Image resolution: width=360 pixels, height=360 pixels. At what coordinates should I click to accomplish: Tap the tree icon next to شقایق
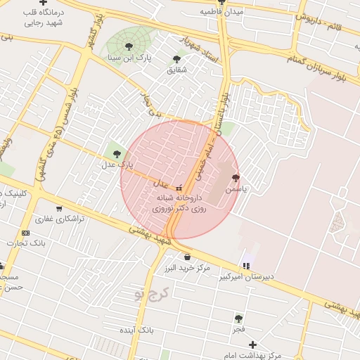176,59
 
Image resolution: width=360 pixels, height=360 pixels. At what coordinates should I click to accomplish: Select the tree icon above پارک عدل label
117,154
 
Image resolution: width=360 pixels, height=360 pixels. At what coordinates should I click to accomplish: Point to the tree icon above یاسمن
235,179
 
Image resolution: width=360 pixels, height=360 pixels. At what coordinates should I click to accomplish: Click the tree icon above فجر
239,319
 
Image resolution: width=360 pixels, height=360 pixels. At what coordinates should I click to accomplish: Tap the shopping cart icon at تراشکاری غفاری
58,208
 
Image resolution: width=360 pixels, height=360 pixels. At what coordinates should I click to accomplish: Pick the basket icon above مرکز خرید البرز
186,257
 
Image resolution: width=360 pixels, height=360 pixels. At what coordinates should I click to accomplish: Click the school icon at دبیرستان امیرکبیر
245,265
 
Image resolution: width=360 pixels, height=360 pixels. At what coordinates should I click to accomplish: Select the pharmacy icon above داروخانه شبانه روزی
178,188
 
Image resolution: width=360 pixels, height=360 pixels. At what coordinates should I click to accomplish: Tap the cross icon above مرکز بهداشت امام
252,345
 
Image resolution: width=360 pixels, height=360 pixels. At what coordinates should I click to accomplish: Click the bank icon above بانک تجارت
26,233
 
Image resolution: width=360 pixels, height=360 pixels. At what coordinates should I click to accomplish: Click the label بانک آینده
136,329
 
